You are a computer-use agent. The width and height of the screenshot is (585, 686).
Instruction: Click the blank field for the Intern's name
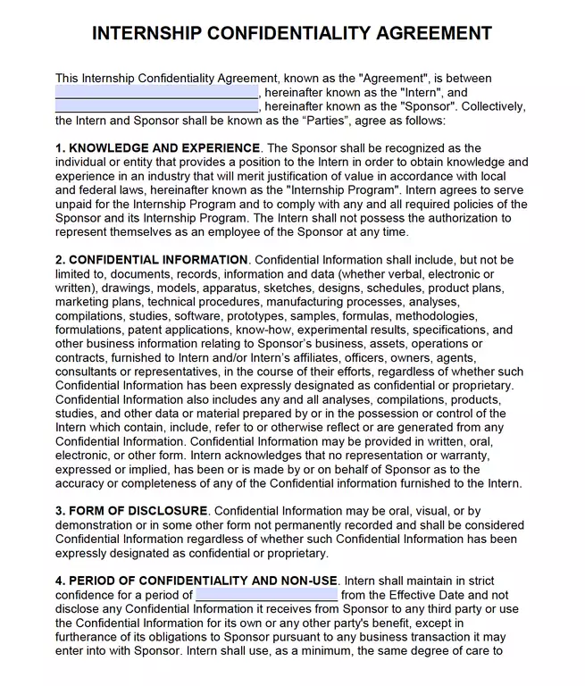[x=156, y=93]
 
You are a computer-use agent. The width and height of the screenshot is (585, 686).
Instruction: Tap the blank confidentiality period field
[x=266, y=595]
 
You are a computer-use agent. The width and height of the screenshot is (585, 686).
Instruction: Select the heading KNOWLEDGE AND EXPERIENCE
[x=164, y=148]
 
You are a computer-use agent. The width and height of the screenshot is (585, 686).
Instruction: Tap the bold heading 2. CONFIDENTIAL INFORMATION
[x=149, y=260]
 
